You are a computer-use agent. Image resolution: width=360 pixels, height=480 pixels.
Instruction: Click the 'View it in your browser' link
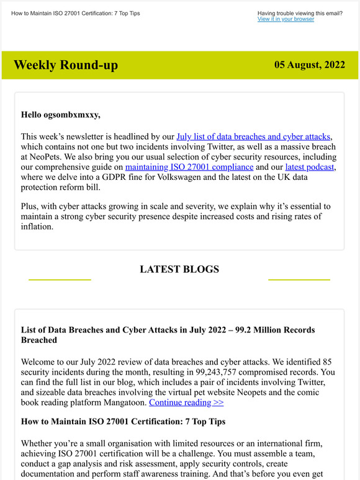pos(286,19)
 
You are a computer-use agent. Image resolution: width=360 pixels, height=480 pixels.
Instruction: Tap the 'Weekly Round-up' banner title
pos(65,65)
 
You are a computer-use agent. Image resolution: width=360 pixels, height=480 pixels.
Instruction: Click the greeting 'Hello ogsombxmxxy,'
pos(60,114)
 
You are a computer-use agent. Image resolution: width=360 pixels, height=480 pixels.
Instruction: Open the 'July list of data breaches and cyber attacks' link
pos(254,136)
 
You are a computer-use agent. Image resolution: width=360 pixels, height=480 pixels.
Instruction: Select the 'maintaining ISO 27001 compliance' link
pos(189,167)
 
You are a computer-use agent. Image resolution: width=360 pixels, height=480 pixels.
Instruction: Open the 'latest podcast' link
pos(310,167)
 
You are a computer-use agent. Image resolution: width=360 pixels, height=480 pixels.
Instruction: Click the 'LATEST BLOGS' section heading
pos(179,269)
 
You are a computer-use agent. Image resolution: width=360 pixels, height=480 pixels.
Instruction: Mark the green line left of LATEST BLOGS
pos(60,280)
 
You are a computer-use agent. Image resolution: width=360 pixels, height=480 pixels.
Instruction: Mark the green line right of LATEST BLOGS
pos(299,280)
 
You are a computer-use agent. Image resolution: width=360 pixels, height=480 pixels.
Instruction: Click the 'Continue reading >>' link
pos(186,402)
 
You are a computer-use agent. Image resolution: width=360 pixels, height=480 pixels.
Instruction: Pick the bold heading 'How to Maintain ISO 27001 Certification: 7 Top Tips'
pos(123,422)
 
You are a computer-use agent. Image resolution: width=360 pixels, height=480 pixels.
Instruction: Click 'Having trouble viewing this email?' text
pos(299,13)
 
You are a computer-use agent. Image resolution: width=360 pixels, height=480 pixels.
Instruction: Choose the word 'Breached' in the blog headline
pos(39,340)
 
